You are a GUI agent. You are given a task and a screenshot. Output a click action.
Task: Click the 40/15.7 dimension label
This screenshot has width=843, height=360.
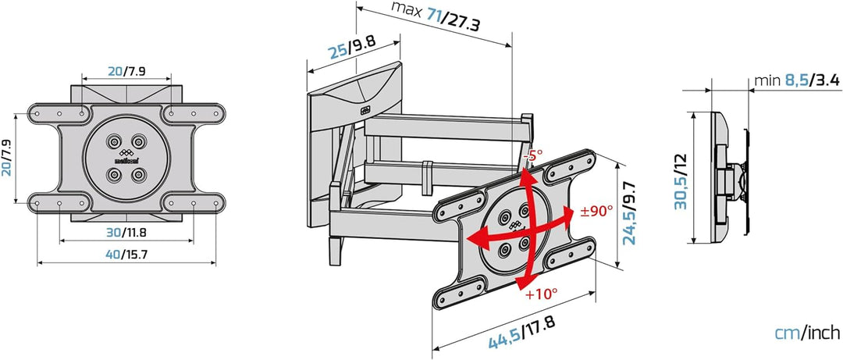tap(126, 255)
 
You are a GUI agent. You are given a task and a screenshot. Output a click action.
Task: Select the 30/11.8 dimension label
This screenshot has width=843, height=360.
tap(126, 232)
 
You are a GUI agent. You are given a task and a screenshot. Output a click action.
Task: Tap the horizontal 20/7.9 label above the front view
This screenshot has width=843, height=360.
tap(126, 70)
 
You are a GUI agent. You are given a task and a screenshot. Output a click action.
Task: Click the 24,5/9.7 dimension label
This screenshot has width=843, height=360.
tap(630, 214)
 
